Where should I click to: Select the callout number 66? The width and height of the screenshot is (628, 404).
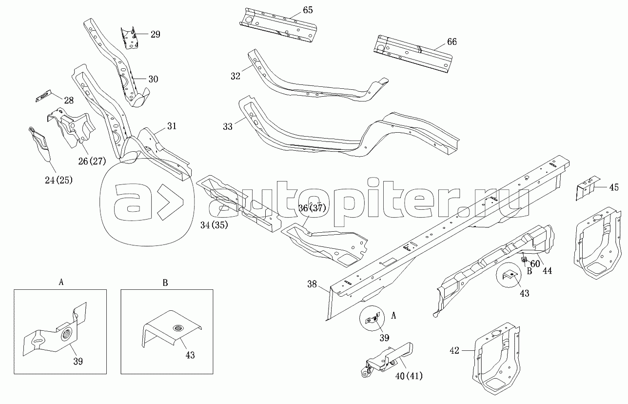click(x=451, y=42)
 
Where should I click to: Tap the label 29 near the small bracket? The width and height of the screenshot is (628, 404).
click(x=155, y=34)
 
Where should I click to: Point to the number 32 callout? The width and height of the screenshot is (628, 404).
click(x=235, y=76)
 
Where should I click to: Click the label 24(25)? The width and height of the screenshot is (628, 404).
click(x=58, y=180)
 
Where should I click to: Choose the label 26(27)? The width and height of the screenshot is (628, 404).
click(x=91, y=161)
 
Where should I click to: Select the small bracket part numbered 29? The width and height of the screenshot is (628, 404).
click(x=130, y=38)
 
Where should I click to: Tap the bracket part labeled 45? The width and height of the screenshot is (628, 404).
click(x=587, y=187)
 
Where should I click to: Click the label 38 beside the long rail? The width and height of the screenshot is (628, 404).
click(x=313, y=284)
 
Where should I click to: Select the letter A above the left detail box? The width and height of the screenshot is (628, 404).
click(x=61, y=282)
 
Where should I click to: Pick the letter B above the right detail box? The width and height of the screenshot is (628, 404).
click(x=165, y=282)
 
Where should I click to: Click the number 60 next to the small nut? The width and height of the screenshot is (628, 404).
click(x=535, y=264)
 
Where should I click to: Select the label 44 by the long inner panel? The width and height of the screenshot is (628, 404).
click(x=548, y=270)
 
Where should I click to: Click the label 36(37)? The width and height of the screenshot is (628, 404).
click(x=312, y=208)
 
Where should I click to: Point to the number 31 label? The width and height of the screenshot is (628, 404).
click(x=171, y=126)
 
